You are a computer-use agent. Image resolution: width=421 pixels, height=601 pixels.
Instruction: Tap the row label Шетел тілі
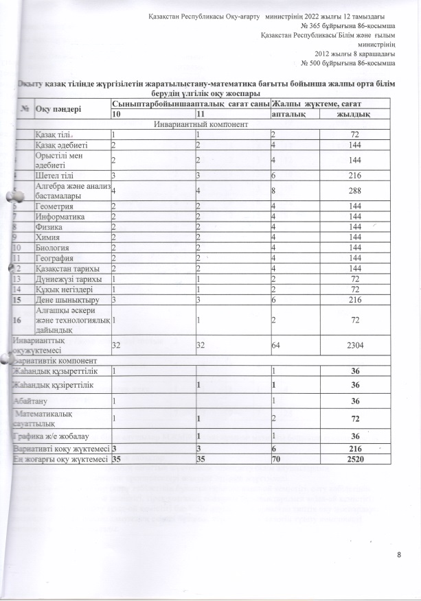(x=53, y=175)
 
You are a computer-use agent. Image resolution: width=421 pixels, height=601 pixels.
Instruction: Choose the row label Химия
(x=49, y=236)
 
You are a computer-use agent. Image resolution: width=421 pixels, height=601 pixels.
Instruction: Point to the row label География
(x=56, y=257)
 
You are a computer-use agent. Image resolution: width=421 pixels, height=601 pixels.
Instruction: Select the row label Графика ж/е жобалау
(x=49, y=436)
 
